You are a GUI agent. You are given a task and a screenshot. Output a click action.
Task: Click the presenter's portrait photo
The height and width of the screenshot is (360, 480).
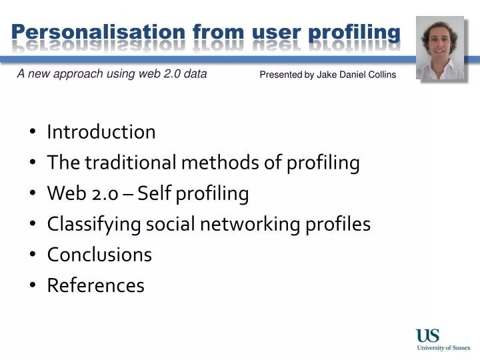click(x=440, y=49)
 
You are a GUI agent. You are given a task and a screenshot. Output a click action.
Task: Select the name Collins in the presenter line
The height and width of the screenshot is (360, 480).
click(x=380, y=75)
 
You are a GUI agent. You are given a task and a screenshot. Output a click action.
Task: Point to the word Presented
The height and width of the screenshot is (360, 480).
click(x=281, y=75)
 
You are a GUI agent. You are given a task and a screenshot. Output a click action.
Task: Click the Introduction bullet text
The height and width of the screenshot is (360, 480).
click(x=101, y=132)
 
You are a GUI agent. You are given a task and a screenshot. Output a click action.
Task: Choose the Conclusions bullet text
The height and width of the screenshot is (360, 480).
click(x=99, y=255)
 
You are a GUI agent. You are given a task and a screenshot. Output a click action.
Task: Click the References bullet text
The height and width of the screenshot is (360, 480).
click(x=95, y=285)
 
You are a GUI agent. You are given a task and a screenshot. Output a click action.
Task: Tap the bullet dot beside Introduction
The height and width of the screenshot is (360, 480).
click(x=33, y=133)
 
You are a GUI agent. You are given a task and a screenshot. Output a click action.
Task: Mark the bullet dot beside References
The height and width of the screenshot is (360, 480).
click(x=33, y=286)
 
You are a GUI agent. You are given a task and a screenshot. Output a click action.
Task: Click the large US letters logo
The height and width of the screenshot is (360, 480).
click(x=428, y=335)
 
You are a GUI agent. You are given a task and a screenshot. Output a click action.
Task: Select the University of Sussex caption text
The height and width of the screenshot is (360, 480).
click(x=443, y=347)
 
